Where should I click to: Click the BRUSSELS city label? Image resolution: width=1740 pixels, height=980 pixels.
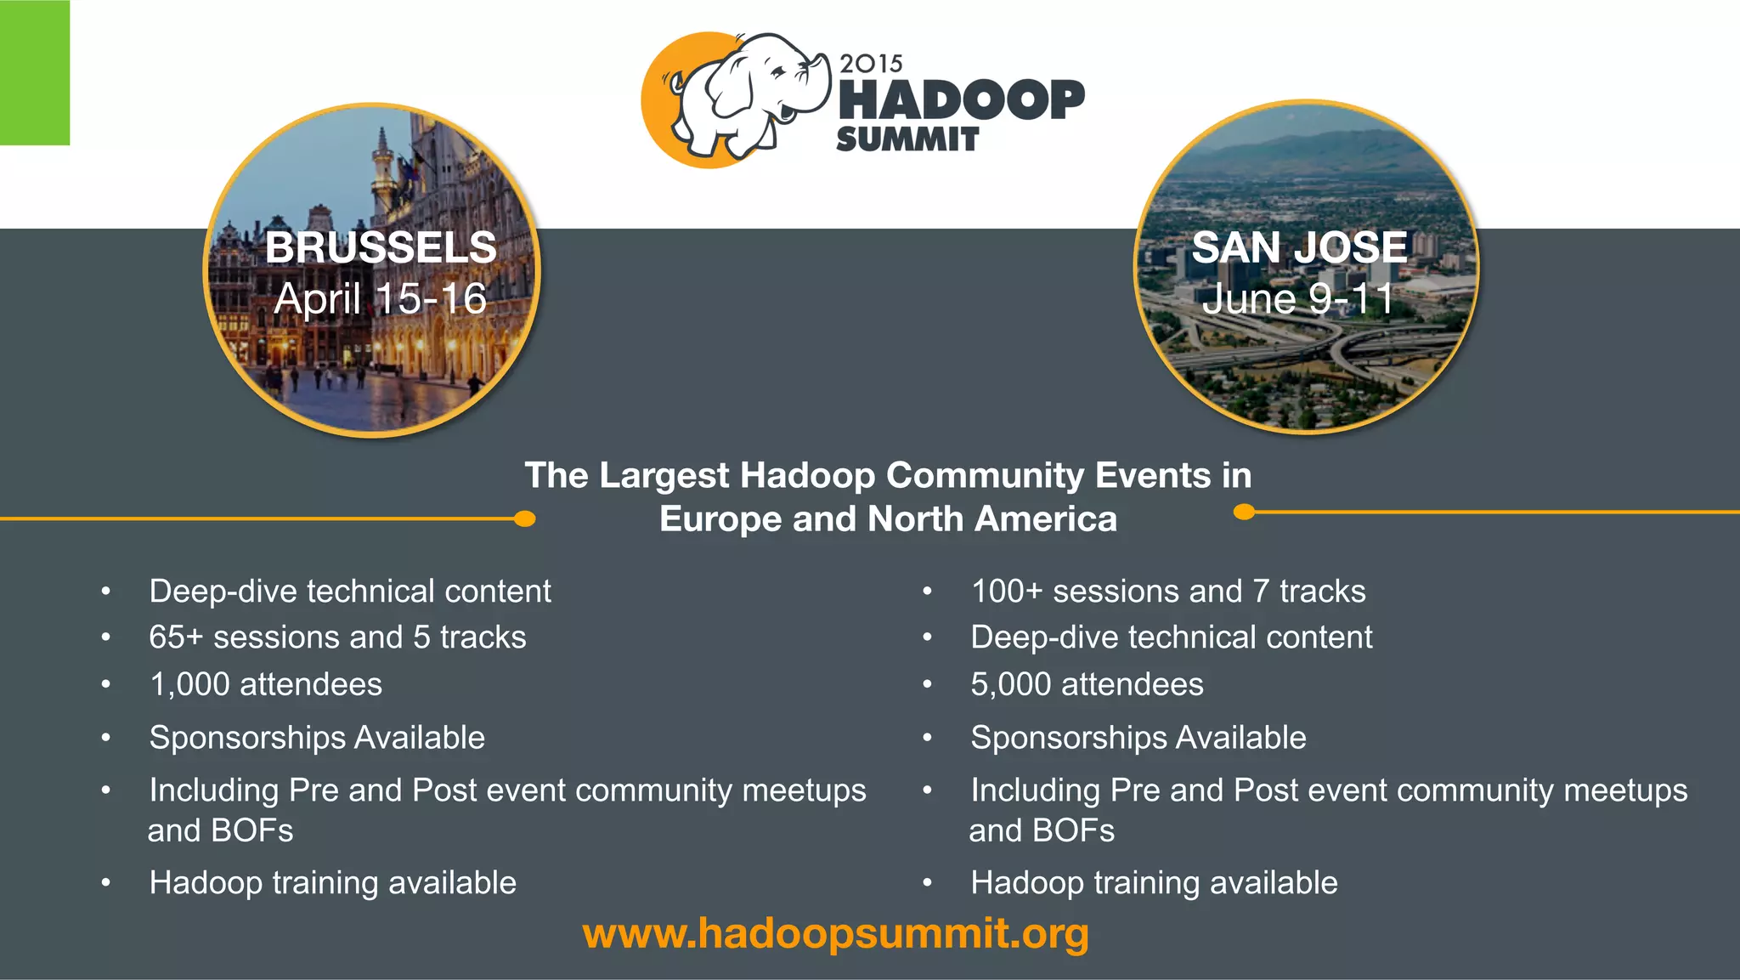point(381,248)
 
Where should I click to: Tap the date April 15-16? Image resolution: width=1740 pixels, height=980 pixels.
point(381,299)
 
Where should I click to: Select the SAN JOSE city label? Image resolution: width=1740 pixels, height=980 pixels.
point(1299,248)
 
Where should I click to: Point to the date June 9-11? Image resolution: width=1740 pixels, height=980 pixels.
point(1297,299)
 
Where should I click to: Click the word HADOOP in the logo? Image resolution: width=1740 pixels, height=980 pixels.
point(961,99)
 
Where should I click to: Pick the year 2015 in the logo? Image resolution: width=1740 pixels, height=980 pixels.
point(871,64)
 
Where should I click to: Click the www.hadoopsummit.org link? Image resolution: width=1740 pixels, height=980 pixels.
point(835,933)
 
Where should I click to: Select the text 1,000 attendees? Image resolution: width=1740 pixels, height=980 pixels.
point(265,684)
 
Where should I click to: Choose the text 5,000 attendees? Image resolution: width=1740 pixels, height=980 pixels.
point(1087,684)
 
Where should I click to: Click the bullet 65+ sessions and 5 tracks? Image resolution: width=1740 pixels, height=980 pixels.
point(337,637)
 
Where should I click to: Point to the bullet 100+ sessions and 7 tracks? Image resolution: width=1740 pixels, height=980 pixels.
point(1168,591)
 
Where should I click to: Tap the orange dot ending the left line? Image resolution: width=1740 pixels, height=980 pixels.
point(525,518)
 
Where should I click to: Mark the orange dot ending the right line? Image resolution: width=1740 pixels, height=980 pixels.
point(1244,512)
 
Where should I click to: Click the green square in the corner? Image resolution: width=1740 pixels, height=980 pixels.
point(34,72)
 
